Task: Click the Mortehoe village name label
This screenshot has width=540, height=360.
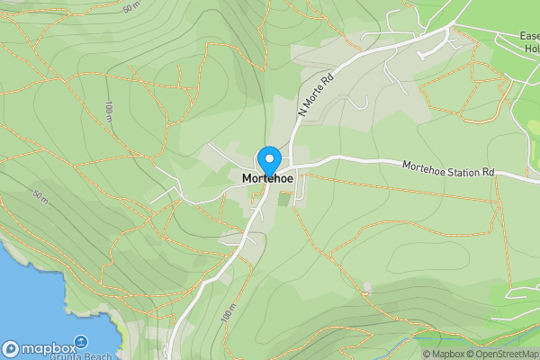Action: click(x=269, y=179)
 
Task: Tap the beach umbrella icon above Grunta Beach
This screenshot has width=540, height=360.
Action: click(x=79, y=342)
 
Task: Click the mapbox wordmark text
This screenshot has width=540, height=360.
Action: click(x=49, y=348)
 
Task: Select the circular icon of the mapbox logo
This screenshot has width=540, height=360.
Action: click(x=11, y=348)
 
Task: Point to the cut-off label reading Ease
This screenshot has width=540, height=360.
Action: click(x=529, y=37)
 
